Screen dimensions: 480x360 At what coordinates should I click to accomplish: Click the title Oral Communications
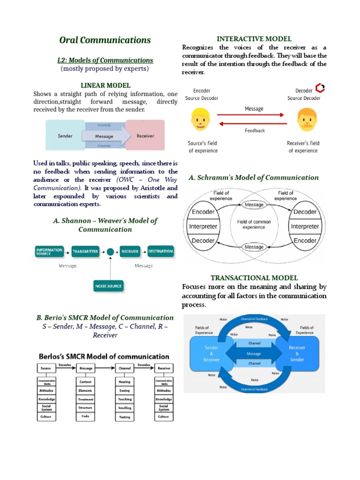click(105, 40)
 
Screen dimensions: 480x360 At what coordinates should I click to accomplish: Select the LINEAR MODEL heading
click(105, 85)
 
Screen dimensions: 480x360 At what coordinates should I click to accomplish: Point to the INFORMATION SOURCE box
click(49, 251)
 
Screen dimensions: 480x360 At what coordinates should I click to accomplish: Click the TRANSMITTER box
click(85, 252)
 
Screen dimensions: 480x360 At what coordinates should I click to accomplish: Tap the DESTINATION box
click(160, 251)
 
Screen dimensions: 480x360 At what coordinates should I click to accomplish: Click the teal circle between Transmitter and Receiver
click(110, 252)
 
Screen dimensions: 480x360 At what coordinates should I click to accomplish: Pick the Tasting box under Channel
click(125, 417)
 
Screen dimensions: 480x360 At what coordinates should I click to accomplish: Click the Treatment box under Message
click(85, 399)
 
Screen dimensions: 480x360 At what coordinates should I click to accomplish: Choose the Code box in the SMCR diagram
click(85, 416)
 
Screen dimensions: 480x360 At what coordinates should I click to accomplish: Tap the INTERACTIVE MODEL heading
click(254, 39)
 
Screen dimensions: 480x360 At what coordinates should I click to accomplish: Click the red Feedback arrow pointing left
click(254, 124)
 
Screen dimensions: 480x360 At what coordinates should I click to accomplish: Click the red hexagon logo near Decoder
click(320, 88)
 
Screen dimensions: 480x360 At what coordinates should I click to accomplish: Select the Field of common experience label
click(254, 224)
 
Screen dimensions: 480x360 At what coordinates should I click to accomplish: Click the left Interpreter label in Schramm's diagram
click(203, 226)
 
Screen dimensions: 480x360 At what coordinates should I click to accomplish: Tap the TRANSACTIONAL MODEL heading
click(254, 278)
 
